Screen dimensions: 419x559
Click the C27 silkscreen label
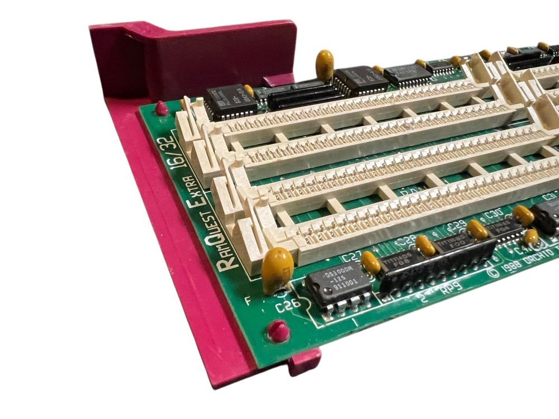tap(351, 258)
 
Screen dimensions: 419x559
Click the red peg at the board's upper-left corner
tap(162, 108)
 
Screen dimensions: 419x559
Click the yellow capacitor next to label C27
tap(370, 261)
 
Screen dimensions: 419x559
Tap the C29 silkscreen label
tap(457, 226)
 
